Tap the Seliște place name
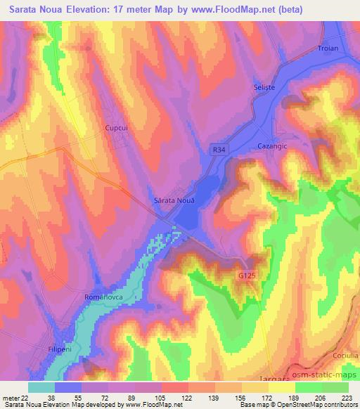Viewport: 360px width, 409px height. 262,87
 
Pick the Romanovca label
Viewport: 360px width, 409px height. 104,298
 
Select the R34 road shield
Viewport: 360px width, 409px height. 219,150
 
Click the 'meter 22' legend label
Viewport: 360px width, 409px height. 15,398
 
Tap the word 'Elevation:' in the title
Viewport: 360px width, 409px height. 91,10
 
